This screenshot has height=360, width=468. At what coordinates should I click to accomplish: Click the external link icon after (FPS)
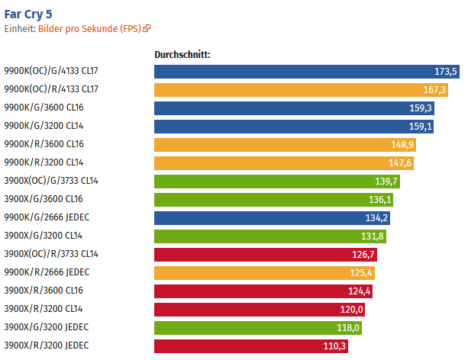(x=147, y=29)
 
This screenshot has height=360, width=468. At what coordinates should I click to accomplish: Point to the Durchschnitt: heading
(x=182, y=55)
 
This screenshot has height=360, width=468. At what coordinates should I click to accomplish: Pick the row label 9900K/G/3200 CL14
(x=44, y=127)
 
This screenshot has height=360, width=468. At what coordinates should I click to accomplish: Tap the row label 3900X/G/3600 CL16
(x=44, y=200)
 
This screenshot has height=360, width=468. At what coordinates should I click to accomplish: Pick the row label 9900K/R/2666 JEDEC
(x=48, y=273)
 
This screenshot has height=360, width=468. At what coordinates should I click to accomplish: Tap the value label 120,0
(x=353, y=310)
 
